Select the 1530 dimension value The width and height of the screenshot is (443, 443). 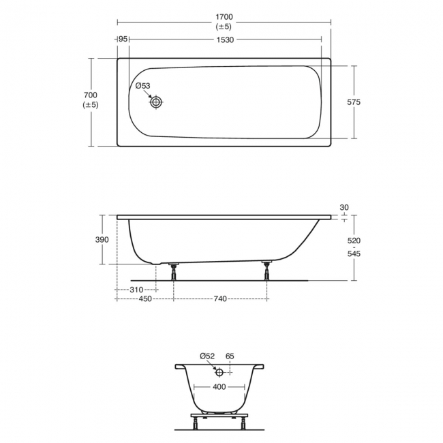tap(225, 40)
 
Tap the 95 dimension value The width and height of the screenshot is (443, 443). tap(123, 40)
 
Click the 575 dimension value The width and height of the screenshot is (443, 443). tap(353, 102)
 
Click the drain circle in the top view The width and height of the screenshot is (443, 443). tap(157, 102)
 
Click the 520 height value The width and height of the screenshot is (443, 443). tap(354, 241)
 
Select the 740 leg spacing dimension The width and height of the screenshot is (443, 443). tap(220, 299)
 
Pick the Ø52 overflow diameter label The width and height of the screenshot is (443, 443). tap(207, 356)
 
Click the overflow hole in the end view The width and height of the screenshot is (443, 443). tap(219, 372)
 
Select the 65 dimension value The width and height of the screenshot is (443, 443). tap(230, 356)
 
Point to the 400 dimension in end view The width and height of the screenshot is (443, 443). tap(219, 387)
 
